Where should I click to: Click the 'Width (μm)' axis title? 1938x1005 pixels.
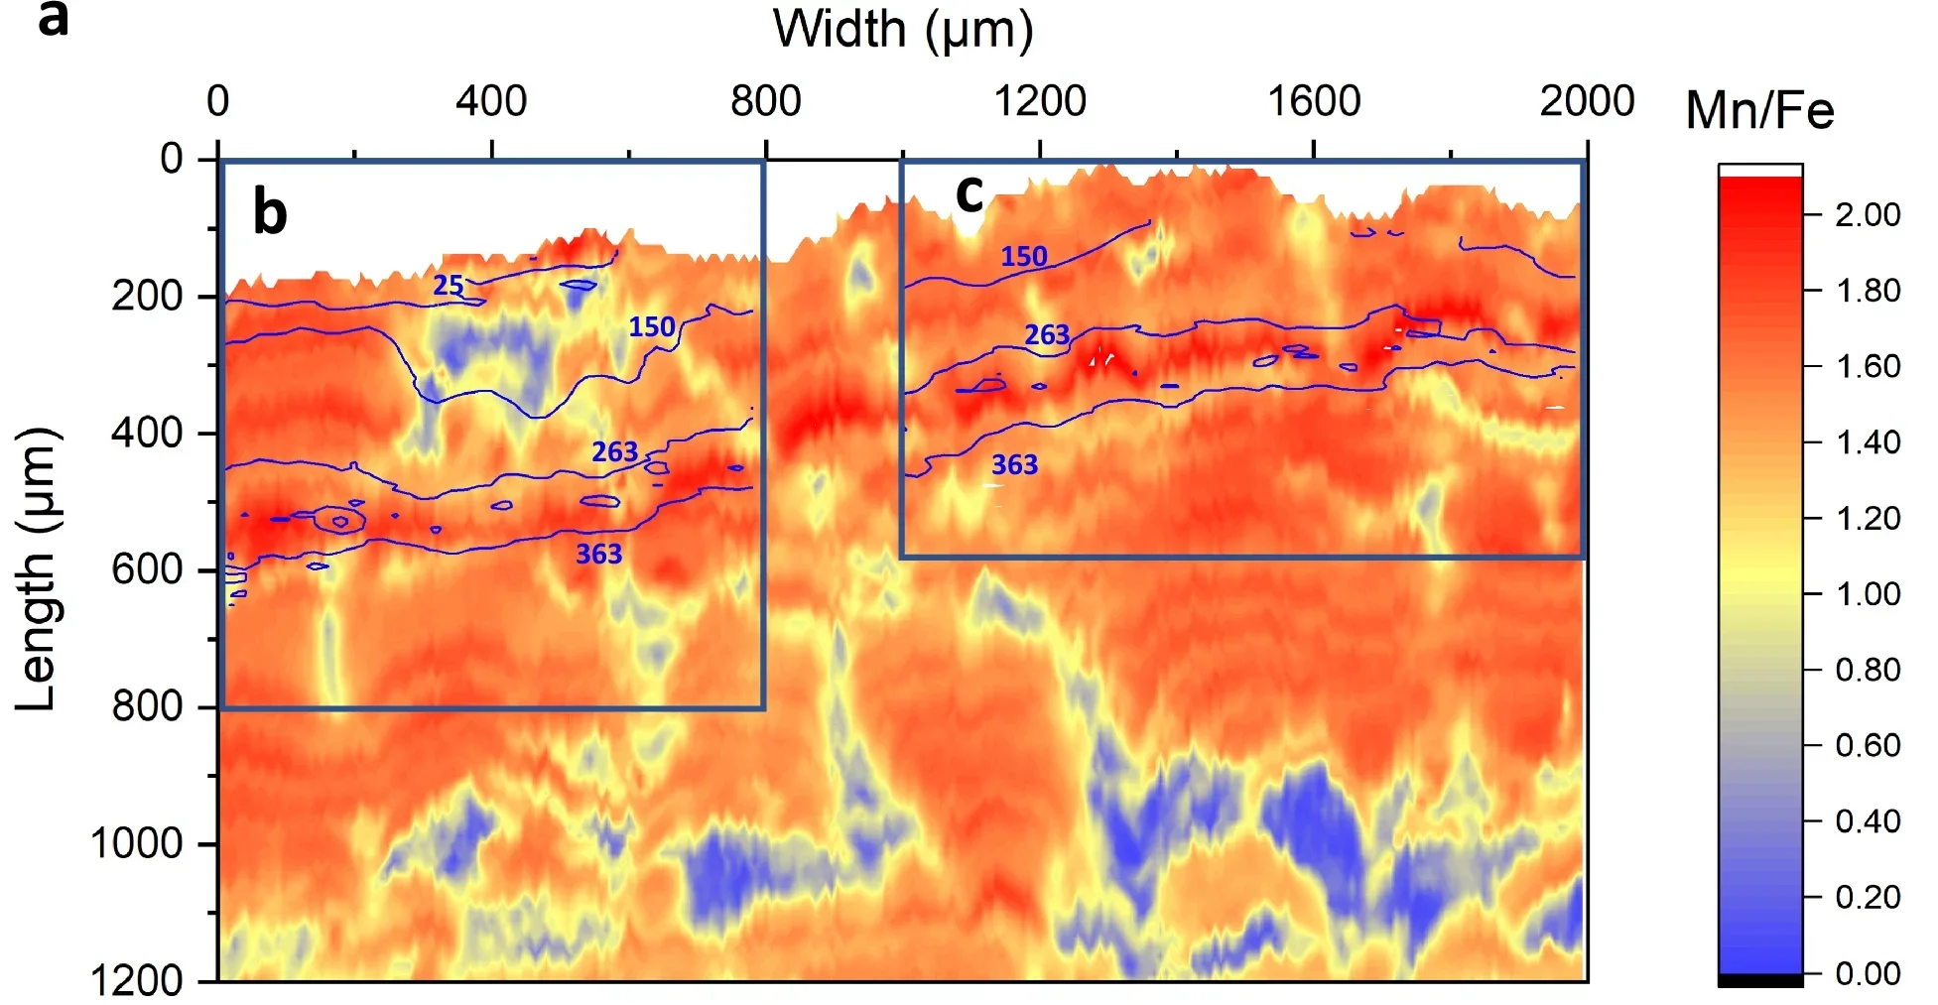tap(902, 30)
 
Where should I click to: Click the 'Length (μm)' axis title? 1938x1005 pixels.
tap(39, 568)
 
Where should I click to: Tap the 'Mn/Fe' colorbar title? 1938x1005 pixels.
tap(1759, 110)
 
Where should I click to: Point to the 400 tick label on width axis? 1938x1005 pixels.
tap(491, 101)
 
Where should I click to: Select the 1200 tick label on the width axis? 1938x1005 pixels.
tap(1040, 101)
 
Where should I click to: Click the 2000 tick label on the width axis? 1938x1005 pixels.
tap(1587, 101)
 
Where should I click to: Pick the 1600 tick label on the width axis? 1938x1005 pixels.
tap(1314, 101)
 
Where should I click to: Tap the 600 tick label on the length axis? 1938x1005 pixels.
tap(147, 569)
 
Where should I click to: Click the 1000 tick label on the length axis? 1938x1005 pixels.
tap(137, 843)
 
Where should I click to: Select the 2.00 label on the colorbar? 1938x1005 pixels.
tap(1868, 214)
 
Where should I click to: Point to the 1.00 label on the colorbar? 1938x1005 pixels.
tap(1868, 593)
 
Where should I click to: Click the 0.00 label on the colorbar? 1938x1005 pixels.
tap(1868, 973)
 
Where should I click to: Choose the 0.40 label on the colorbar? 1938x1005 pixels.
tap(1868, 821)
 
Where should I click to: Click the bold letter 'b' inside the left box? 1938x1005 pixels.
tap(270, 211)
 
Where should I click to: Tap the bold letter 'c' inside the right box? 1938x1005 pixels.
tap(969, 192)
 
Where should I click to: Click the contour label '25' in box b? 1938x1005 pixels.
tap(449, 286)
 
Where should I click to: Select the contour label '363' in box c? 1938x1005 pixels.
tap(1014, 464)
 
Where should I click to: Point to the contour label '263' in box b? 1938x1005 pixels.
tap(614, 452)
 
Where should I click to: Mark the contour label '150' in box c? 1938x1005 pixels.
tap(1023, 257)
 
